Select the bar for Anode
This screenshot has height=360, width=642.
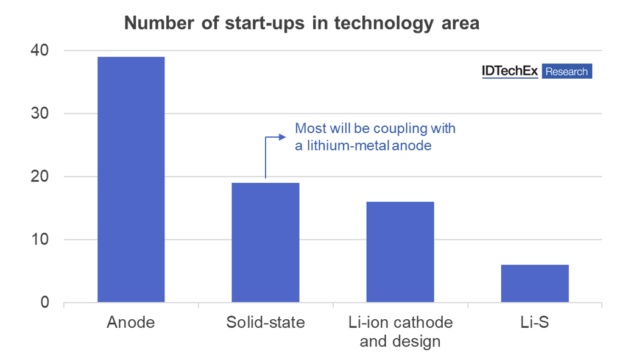tap(131, 180)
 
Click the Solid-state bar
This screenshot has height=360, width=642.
tap(265, 242)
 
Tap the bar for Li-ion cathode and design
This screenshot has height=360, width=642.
tap(400, 252)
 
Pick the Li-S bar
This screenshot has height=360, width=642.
tap(534, 283)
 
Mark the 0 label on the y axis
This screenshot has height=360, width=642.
tap(44, 303)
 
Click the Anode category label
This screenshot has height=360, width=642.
tap(131, 322)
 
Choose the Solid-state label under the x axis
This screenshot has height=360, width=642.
tap(265, 322)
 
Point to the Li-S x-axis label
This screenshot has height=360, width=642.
tap(534, 322)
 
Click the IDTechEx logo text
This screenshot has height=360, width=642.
tap(509, 71)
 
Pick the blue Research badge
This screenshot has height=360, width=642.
tap(566, 71)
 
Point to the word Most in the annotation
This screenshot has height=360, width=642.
tap(309, 129)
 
